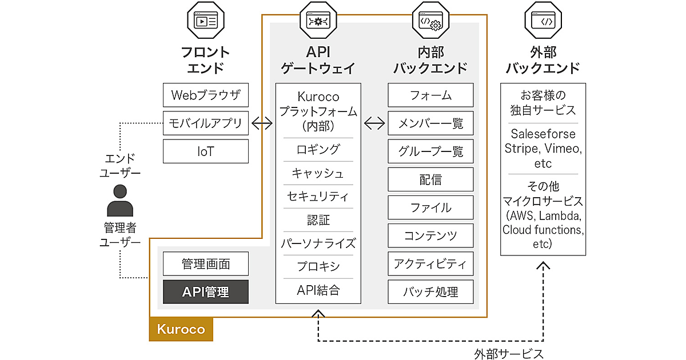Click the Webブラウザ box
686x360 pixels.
[x=206, y=95]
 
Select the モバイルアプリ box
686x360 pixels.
[x=206, y=123]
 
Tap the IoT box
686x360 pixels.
[x=206, y=151]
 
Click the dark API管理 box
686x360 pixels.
[x=206, y=292]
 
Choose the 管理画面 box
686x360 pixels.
[x=206, y=264]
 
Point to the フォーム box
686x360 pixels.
[x=430, y=95]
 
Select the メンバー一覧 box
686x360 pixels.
[x=430, y=123]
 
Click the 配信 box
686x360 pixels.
[x=430, y=179]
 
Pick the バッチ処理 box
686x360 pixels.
[x=430, y=292]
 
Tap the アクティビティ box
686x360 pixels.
[x=430, y=263]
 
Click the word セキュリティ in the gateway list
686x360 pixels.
[x=318, y=196]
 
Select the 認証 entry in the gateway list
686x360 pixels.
[x=318, y=220]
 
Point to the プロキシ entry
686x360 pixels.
[x=318, y=266]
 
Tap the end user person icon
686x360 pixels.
[x=120, y=200]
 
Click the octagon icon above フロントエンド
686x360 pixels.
[x=206, y=22]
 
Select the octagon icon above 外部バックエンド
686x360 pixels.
[x=543, y=22]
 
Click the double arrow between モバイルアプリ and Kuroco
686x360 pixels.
[x=262, y=123]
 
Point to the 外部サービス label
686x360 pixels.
[x=508, y=354]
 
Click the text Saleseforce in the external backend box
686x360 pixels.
[x=543, y=134]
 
